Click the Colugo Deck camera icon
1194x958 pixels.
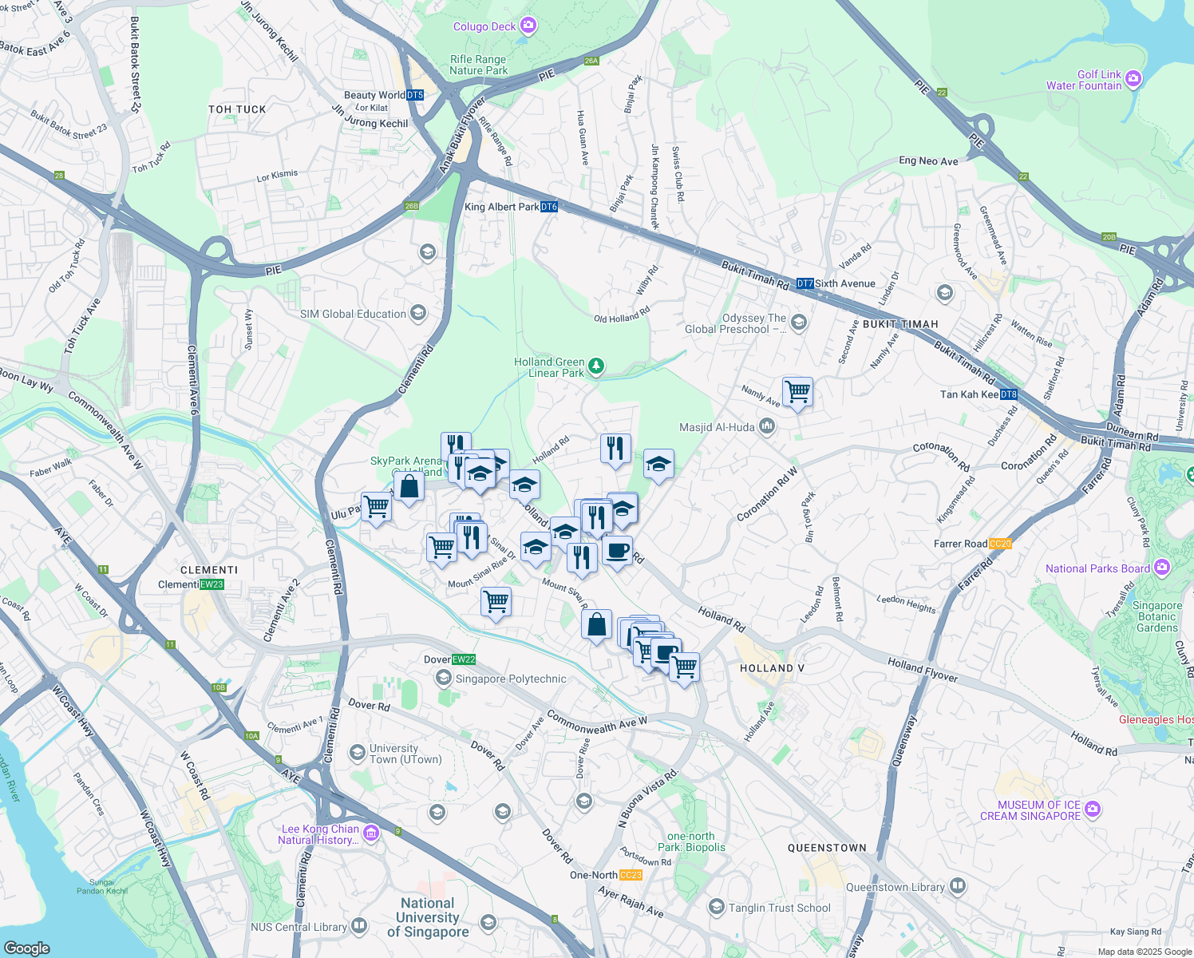[528, 26]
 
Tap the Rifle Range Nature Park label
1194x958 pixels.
[478, 65]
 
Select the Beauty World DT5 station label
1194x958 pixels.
[383, 95]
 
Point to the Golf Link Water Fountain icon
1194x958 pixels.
[1133, 79]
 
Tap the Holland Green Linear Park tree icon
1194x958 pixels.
[595, 366]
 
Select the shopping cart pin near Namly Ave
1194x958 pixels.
[797, 392]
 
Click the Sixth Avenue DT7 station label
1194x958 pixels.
[836, 283]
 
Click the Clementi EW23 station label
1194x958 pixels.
[191, 584]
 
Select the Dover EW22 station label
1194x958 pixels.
[449, 659]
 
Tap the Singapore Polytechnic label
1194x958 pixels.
[510, 679]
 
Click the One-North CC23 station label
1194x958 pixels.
[606, 875]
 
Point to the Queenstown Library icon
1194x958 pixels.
[958, 886]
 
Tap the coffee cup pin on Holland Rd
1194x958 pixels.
[616, 550]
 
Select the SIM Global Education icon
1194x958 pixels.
[418, 313]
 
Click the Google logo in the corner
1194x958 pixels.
[26, 948]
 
